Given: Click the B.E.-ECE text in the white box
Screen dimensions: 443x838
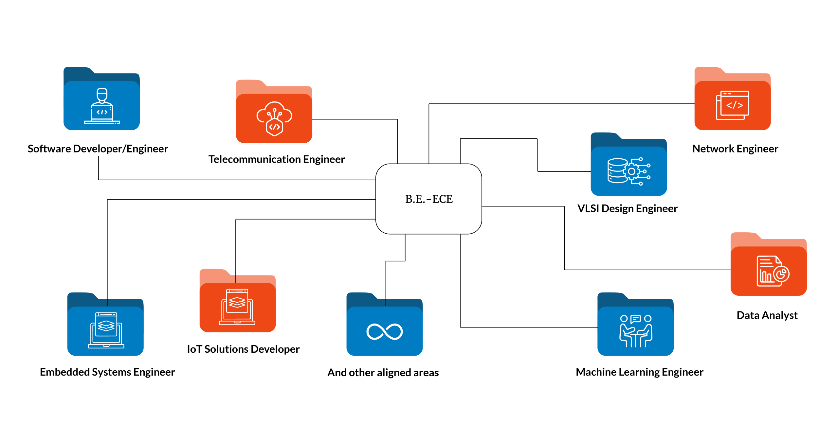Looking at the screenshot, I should click(x=429, y=199).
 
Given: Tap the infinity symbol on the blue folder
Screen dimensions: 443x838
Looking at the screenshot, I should click(x=385, y=331).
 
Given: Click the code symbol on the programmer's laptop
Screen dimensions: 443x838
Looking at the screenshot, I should click(x=102, y=112).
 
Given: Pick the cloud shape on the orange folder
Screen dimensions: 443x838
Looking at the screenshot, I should click(x=274, y=113).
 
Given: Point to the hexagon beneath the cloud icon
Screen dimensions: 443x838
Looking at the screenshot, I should click(x=274, y=127).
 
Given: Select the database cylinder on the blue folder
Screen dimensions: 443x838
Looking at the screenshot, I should click(x=617, y=170).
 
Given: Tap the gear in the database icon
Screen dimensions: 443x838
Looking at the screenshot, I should click(x=632, y=171).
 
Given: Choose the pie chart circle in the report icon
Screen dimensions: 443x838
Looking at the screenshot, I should click(x=781, y=274).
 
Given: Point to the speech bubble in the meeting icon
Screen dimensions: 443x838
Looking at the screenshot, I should click(x=635, y=319).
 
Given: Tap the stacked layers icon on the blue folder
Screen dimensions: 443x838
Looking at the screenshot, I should click(x=106, y=326).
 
